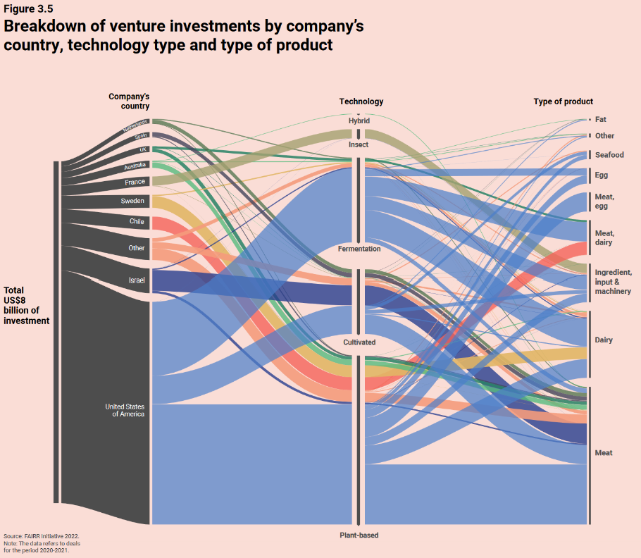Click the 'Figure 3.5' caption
[29, 9]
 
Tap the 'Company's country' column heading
[129, 101]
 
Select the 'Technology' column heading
[361, 101]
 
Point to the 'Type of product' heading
[564, 101]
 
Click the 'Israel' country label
[137, 280]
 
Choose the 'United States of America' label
[125, 410]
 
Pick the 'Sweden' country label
[132, 201]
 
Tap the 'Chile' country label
[137, 221]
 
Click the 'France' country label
[135, 182]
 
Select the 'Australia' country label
[135, 166]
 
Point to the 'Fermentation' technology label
[359, 249]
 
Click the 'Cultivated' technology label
[359, 342]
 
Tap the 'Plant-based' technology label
[359, 535]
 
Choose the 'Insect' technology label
[359, 144]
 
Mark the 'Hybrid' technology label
[359, 121]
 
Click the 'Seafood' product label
[609, 155]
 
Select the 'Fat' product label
[600, 120]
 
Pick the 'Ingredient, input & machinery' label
[613, 282]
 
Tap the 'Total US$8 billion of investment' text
[27, 305]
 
